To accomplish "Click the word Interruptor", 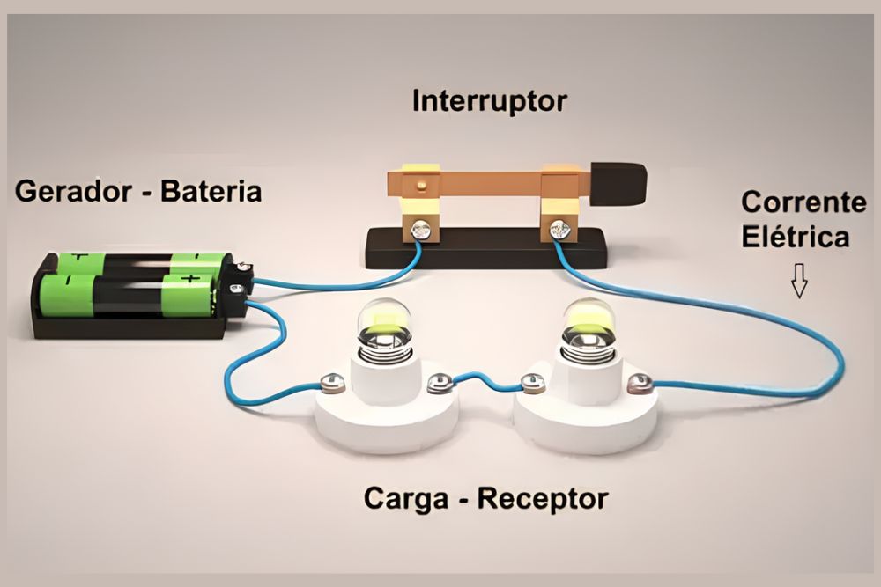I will coord(489,101).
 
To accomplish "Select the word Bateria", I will coord(211,190).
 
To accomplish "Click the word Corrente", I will coord(803,202).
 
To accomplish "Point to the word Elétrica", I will coord(795,238).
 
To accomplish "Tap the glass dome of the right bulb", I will coord(589,322).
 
